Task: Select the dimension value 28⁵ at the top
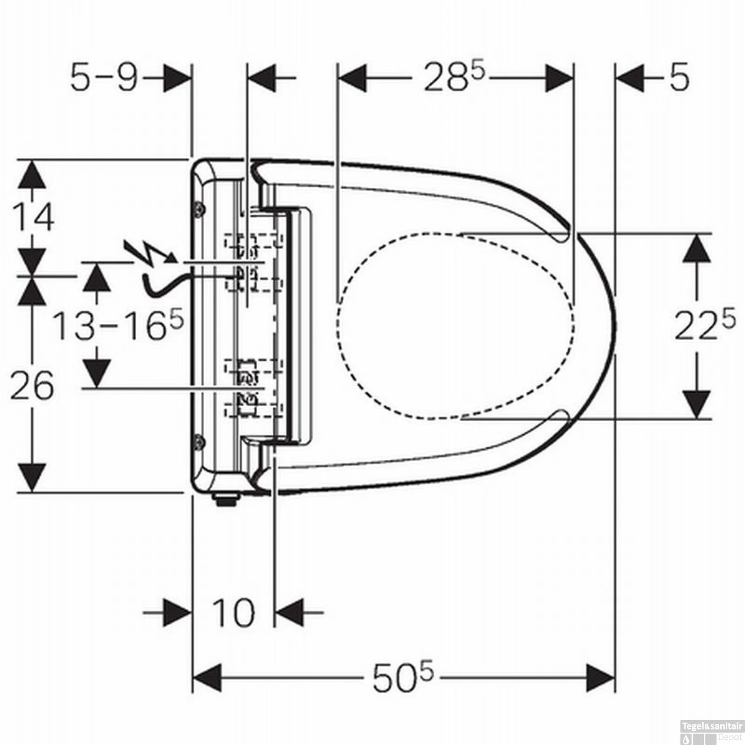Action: pos(453,78)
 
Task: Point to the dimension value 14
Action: pos(33,218)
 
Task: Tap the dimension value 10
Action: pos(233,612)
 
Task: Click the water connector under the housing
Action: pos(226,499)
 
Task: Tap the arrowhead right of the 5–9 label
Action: pos(177,78)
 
